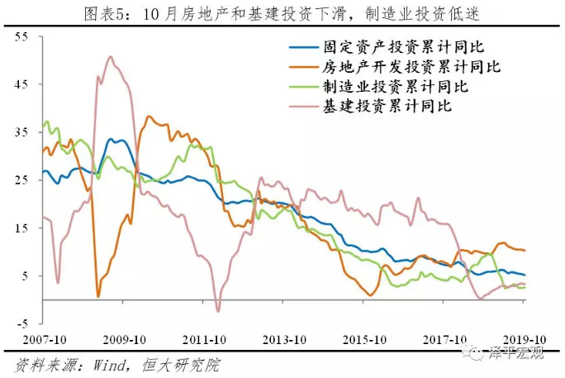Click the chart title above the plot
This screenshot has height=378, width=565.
[x=282, y=12]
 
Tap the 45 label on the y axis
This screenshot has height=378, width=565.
[x=22, y=84]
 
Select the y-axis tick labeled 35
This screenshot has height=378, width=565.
[x=22, y=132]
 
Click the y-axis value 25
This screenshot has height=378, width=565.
[x=22, y=179]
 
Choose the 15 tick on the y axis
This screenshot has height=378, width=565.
[x=22, y=227]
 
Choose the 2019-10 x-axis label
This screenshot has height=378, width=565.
[x=525, y=340]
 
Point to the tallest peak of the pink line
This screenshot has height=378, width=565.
[x=111, y=56]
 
